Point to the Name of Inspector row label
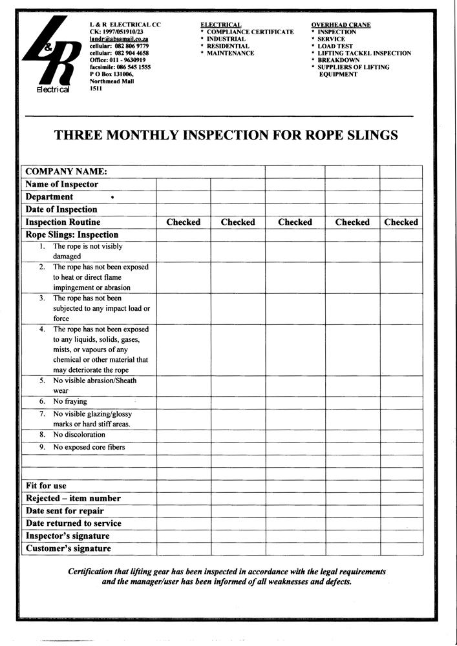[62, 184]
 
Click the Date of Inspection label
[61, 209]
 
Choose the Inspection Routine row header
[63, 222]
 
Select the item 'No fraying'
[70, 401]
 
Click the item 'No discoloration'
[80, 435]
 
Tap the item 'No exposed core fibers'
[89, 447]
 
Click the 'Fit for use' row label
[46, 486]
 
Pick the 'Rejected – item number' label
[73, 499]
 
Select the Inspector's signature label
[68, 536]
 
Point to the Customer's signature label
[69, 548]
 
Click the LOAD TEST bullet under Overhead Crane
[335, 47]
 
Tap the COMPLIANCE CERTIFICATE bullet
[250, 32]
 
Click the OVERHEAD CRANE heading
[341, 25]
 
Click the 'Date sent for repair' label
[65, 511]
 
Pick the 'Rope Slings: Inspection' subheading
[72, 234]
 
